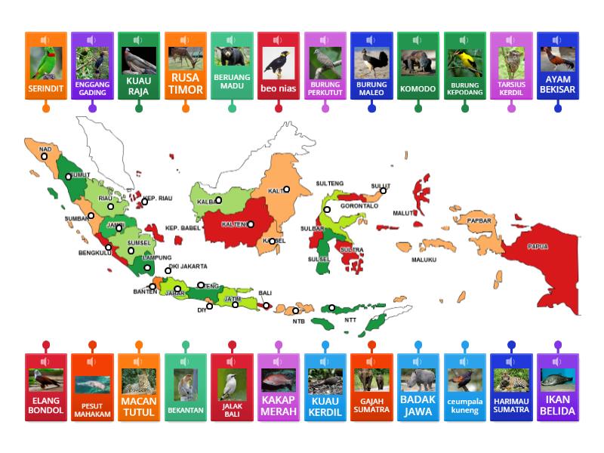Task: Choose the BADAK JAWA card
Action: click(x=418, y=387)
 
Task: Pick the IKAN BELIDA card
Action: click(x=558, y=387)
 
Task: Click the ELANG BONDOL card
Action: click(x=46, y=387)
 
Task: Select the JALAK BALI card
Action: click(x=232, y=387)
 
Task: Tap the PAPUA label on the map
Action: click(x=538, y=247)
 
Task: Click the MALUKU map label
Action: click(x=424, y=260)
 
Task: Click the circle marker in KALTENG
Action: click(x=251, y=223)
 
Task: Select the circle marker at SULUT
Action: click(x=383, y=190)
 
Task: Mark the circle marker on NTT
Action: click(x=332, y=307)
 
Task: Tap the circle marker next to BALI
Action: click(x=267, y=306)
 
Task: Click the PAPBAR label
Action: click(x=479, y=221)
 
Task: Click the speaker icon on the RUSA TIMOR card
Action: click(x=186, y=40)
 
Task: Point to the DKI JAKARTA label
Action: click(x=187, y=267)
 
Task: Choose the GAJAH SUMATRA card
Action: click(x=371, y=387)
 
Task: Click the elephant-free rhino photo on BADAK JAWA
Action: click(x=418, y=379)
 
